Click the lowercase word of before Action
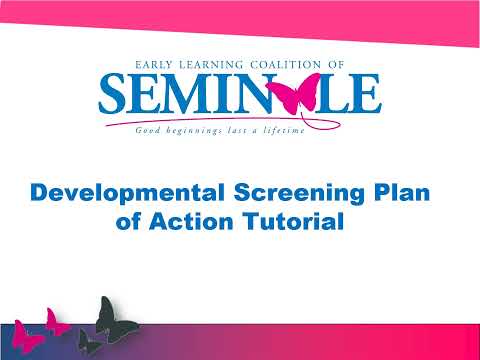tap(131, 222)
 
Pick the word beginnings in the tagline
tap(192, 130)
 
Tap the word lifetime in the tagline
tap(278, 130)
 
